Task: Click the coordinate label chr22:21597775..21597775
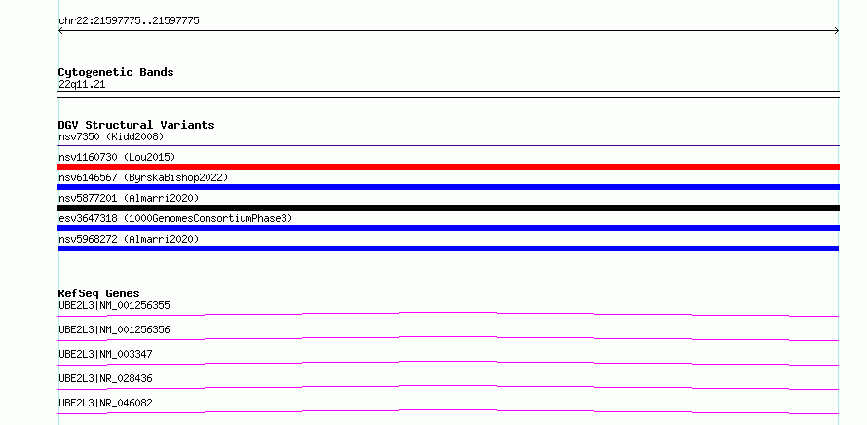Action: pos(129,21)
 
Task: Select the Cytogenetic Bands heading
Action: pos(116,72)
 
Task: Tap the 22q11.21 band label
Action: pos(82,84)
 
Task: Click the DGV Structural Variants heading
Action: pos(136,125)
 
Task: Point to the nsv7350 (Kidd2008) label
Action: pos(111,136)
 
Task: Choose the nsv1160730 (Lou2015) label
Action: pos(117,157)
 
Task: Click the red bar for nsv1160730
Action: pos(448,167)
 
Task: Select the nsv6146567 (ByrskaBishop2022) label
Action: pos(143,177)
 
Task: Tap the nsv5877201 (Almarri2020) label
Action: pos(129,198)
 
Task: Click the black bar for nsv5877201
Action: pos(448,208)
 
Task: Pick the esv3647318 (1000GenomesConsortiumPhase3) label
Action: pos(175,218)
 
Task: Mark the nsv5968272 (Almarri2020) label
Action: pos(129,239)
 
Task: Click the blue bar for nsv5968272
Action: pos(448,249)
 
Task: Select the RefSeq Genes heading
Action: pos(99,293)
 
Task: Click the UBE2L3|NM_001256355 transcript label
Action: pos(114,305)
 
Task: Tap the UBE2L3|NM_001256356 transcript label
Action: pos(114,329)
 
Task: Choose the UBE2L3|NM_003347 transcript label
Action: pos(105,354)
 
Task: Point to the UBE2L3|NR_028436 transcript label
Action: pos(105,378)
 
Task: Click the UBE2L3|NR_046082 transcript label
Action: pos(105,403)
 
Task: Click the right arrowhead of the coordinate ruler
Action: pos(838,31)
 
